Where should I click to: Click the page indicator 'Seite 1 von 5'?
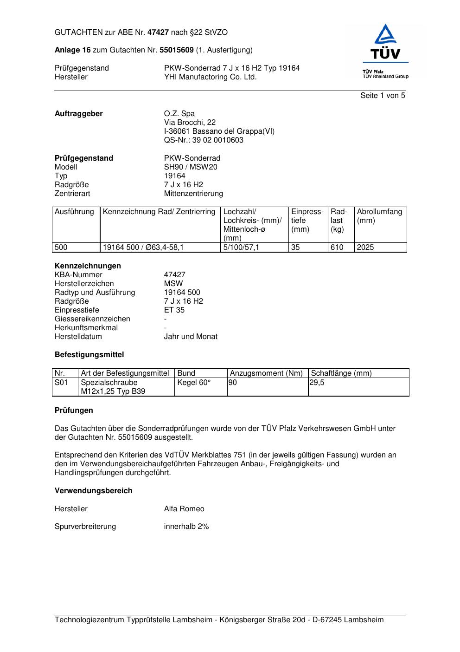point(383,96)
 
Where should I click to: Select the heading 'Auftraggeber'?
point(79,114)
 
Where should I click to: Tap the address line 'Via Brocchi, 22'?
point(190,123)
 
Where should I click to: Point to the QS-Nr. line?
point(204,140)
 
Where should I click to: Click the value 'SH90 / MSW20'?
point(191,167)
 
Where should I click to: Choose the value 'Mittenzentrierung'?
point(193,194)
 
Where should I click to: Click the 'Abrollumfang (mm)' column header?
point(379,216)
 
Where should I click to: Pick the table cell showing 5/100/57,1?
point(241,248)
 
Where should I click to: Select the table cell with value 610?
point(337,248)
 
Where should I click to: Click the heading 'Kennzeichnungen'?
point(88,266)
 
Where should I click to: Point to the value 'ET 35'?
point(174,310)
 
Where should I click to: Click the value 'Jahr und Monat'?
point(191,337)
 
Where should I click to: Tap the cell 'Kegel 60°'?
point(194,383)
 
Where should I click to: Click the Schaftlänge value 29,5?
point(317,383)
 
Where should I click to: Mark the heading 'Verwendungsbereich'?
point(94,491)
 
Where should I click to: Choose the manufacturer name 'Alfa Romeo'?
point(184,509)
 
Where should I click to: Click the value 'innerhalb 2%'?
point(186,527)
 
